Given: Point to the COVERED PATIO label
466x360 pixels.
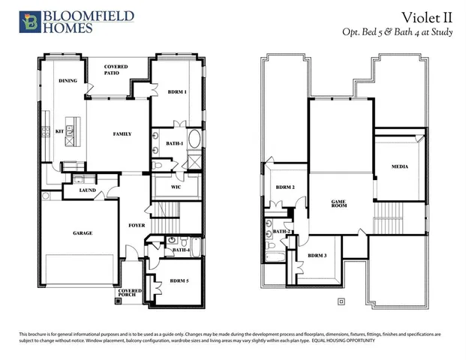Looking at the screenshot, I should [x=116, y=70].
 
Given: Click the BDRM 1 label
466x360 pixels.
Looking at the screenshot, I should [x=177, y=91].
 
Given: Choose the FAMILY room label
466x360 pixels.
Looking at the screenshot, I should [x=122, y=134].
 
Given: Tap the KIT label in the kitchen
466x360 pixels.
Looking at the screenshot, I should [x=59, y=131].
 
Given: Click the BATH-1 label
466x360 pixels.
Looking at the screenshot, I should [x=175, y=143].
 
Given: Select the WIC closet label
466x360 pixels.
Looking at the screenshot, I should [x=176, y=186].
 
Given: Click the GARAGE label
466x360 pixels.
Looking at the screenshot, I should [x=83, y=233].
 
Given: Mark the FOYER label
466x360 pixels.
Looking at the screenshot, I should [x=137, y=224].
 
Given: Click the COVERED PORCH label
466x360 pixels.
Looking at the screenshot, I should [x=130, y=293].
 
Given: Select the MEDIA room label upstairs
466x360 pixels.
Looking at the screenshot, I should [x=400, y=166].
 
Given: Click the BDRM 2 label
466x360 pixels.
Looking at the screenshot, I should [x=284, y=187].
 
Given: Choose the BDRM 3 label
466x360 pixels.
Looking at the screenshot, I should [x=317, y=256].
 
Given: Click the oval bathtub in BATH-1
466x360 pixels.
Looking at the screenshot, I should [x=194, y=139].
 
